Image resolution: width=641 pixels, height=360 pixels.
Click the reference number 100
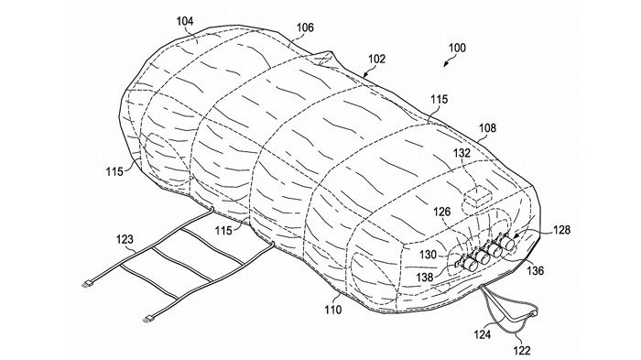tap(457, 48)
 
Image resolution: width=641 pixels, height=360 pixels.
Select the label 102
tap(376, 59)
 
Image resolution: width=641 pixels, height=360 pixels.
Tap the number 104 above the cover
tap(185, 21)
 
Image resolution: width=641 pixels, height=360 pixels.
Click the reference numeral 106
tap(305, 27)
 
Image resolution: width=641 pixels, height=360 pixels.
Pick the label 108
tap(487, 128)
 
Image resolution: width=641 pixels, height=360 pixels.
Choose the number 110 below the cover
tap(333, 310)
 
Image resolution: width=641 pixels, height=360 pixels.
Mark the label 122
tap(522, 350)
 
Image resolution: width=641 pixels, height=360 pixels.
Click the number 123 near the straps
tap(125, 239)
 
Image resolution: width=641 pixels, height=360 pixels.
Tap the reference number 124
tap(483, 334)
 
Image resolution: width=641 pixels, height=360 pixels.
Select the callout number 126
tap(442, 212)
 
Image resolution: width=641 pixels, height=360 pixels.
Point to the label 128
tap(561, 230)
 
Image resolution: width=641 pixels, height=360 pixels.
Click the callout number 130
tap(428, 255)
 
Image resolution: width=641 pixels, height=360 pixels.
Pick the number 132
tap(462, 153)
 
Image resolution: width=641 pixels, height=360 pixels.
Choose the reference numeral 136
tap(535, 270)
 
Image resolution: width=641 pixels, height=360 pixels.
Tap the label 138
tap(425, 277)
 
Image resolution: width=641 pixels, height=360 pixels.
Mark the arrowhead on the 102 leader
tap(365, 75)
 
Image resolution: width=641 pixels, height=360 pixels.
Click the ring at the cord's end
tap(533, 313)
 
